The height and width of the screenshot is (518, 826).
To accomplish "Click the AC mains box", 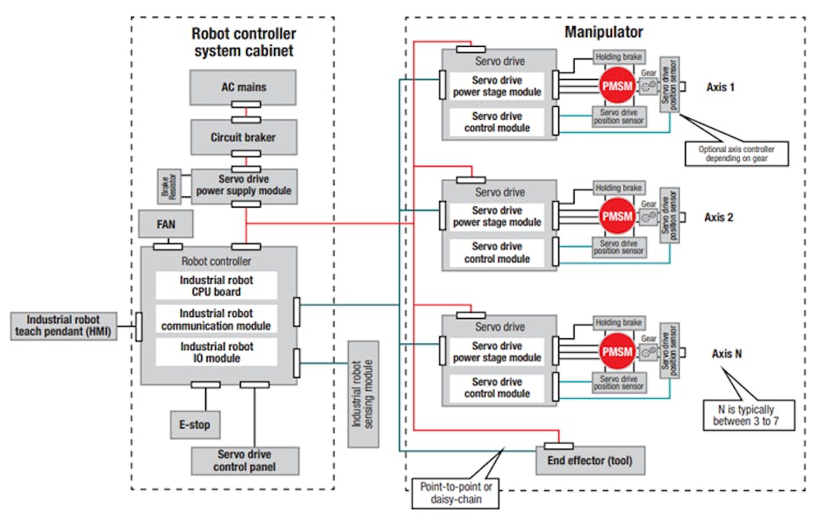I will [244, 88].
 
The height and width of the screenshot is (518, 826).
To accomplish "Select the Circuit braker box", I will [244, 136].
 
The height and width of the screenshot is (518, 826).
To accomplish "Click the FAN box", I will [165, 223].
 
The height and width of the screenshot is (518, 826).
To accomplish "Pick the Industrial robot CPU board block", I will [216, 286].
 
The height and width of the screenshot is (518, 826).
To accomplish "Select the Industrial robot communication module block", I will [216, 319].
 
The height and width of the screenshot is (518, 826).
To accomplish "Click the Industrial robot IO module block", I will [216, 352].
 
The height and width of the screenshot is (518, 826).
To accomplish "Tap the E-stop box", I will [194, 424].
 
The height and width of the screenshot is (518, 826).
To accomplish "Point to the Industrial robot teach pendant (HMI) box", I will [68, 326].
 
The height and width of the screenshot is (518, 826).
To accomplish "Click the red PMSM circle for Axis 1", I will [616, 85].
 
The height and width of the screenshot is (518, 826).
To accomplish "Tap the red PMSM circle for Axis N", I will [616, 352].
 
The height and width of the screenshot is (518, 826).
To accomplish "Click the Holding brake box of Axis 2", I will [619, 188].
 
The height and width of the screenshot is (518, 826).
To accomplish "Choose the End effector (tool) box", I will [590, 460].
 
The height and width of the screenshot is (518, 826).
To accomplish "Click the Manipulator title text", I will [603, 33].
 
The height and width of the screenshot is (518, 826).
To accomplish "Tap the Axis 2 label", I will [718, 217].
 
